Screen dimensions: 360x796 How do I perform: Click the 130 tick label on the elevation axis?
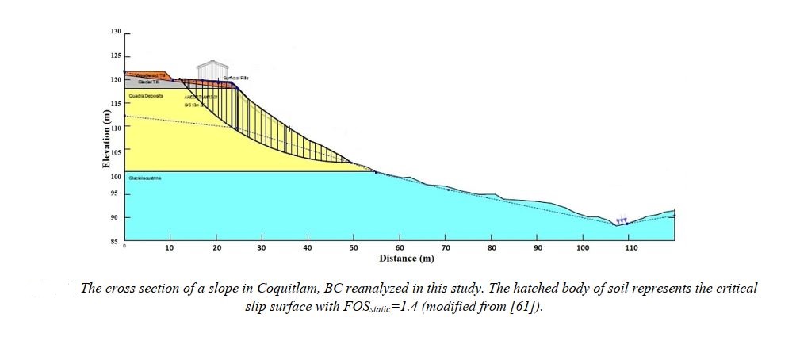click(117, 32)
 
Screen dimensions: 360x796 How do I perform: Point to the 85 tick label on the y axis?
click(117, 241)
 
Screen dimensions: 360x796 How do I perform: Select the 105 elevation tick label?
click(115, 152)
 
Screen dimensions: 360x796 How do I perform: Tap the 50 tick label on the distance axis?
click(354, 249)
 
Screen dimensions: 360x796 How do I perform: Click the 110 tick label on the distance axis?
click(630, 249)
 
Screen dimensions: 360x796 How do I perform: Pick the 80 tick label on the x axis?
click(492, 249)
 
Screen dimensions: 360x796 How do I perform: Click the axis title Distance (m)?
click(407, 259)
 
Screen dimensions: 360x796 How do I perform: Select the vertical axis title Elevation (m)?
click(105, 138)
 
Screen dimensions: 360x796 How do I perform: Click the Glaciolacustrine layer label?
click(145, 178)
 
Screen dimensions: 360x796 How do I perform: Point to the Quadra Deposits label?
click(145, 95)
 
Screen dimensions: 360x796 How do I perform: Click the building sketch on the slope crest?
click(212, 69)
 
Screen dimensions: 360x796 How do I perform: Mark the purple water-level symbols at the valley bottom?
click(622, 220)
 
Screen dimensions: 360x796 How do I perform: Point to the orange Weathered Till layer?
click(143, 75)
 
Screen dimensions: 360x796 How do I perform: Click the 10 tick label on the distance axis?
click(169, 249)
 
